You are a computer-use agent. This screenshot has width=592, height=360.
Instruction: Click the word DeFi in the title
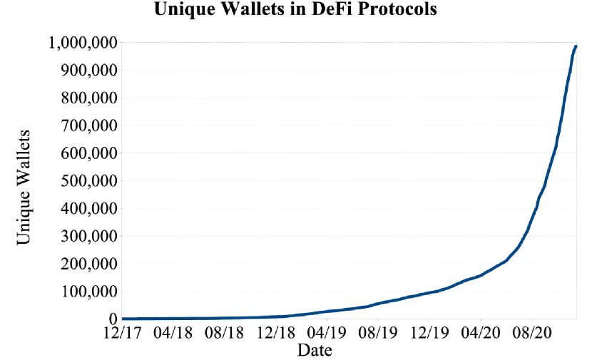tap(330, 11)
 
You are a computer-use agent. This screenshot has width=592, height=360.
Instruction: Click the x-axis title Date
tap(315, 349)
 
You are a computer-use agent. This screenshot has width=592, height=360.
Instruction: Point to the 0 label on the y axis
tap(112, 319)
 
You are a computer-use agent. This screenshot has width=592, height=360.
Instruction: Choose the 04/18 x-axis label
tap(173, 332)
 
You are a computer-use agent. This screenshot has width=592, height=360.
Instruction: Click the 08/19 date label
tap(378, 332)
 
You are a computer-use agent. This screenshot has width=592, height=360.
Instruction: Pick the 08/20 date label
tap(531, 332)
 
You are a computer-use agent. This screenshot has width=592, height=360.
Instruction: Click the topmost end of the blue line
tap(576, 46)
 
